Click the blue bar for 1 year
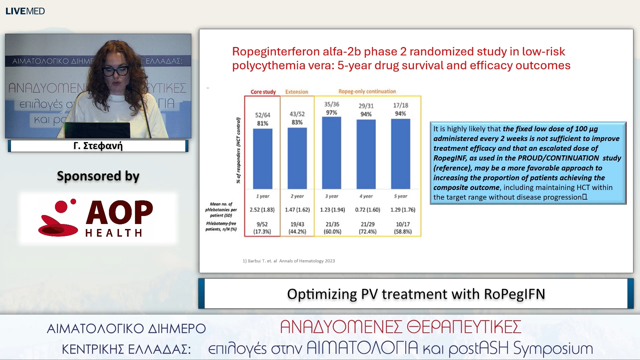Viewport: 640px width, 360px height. pyautogui.click(x=262, y=159)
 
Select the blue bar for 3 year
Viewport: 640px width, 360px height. pyautogui.click(x=331, y=153)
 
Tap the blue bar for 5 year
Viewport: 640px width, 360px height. pyautogui.click(x=400, y=154)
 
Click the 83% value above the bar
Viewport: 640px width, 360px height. pyautogui.click(x=297, y=122)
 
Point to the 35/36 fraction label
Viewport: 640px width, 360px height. pyautogui.click(x=332, y=104)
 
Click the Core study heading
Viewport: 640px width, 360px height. pyautogui.click(x=263, y=92)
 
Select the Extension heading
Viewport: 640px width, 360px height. pyautogui.click(x=297, y=92)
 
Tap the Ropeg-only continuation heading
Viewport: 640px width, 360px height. pyautogui.click(x=367, y=91)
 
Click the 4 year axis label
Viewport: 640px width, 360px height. pyautogui.click(x=366, y=196)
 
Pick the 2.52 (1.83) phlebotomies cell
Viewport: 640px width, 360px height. pyautogui.click(x=262, y=210)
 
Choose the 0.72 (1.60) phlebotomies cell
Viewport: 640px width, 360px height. pyautogui.click(x=367, y=210)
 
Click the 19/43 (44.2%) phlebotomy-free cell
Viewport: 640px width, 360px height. pyautogui.click(x=297, y=228)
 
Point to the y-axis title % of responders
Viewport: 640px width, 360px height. pyautogui.click(x=238, y=150)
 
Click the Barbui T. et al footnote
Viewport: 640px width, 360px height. pyautogui.click(x=289, y=261)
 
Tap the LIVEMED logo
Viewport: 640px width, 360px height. pyautogui.click(x=25, y=11)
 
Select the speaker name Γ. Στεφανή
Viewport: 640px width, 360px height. pyautogui.click(x=98, y=146)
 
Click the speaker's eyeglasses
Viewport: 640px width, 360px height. pyautogui.click(x=116, y=70)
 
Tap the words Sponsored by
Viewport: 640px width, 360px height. pyautogui.click(x=98, y=176)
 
